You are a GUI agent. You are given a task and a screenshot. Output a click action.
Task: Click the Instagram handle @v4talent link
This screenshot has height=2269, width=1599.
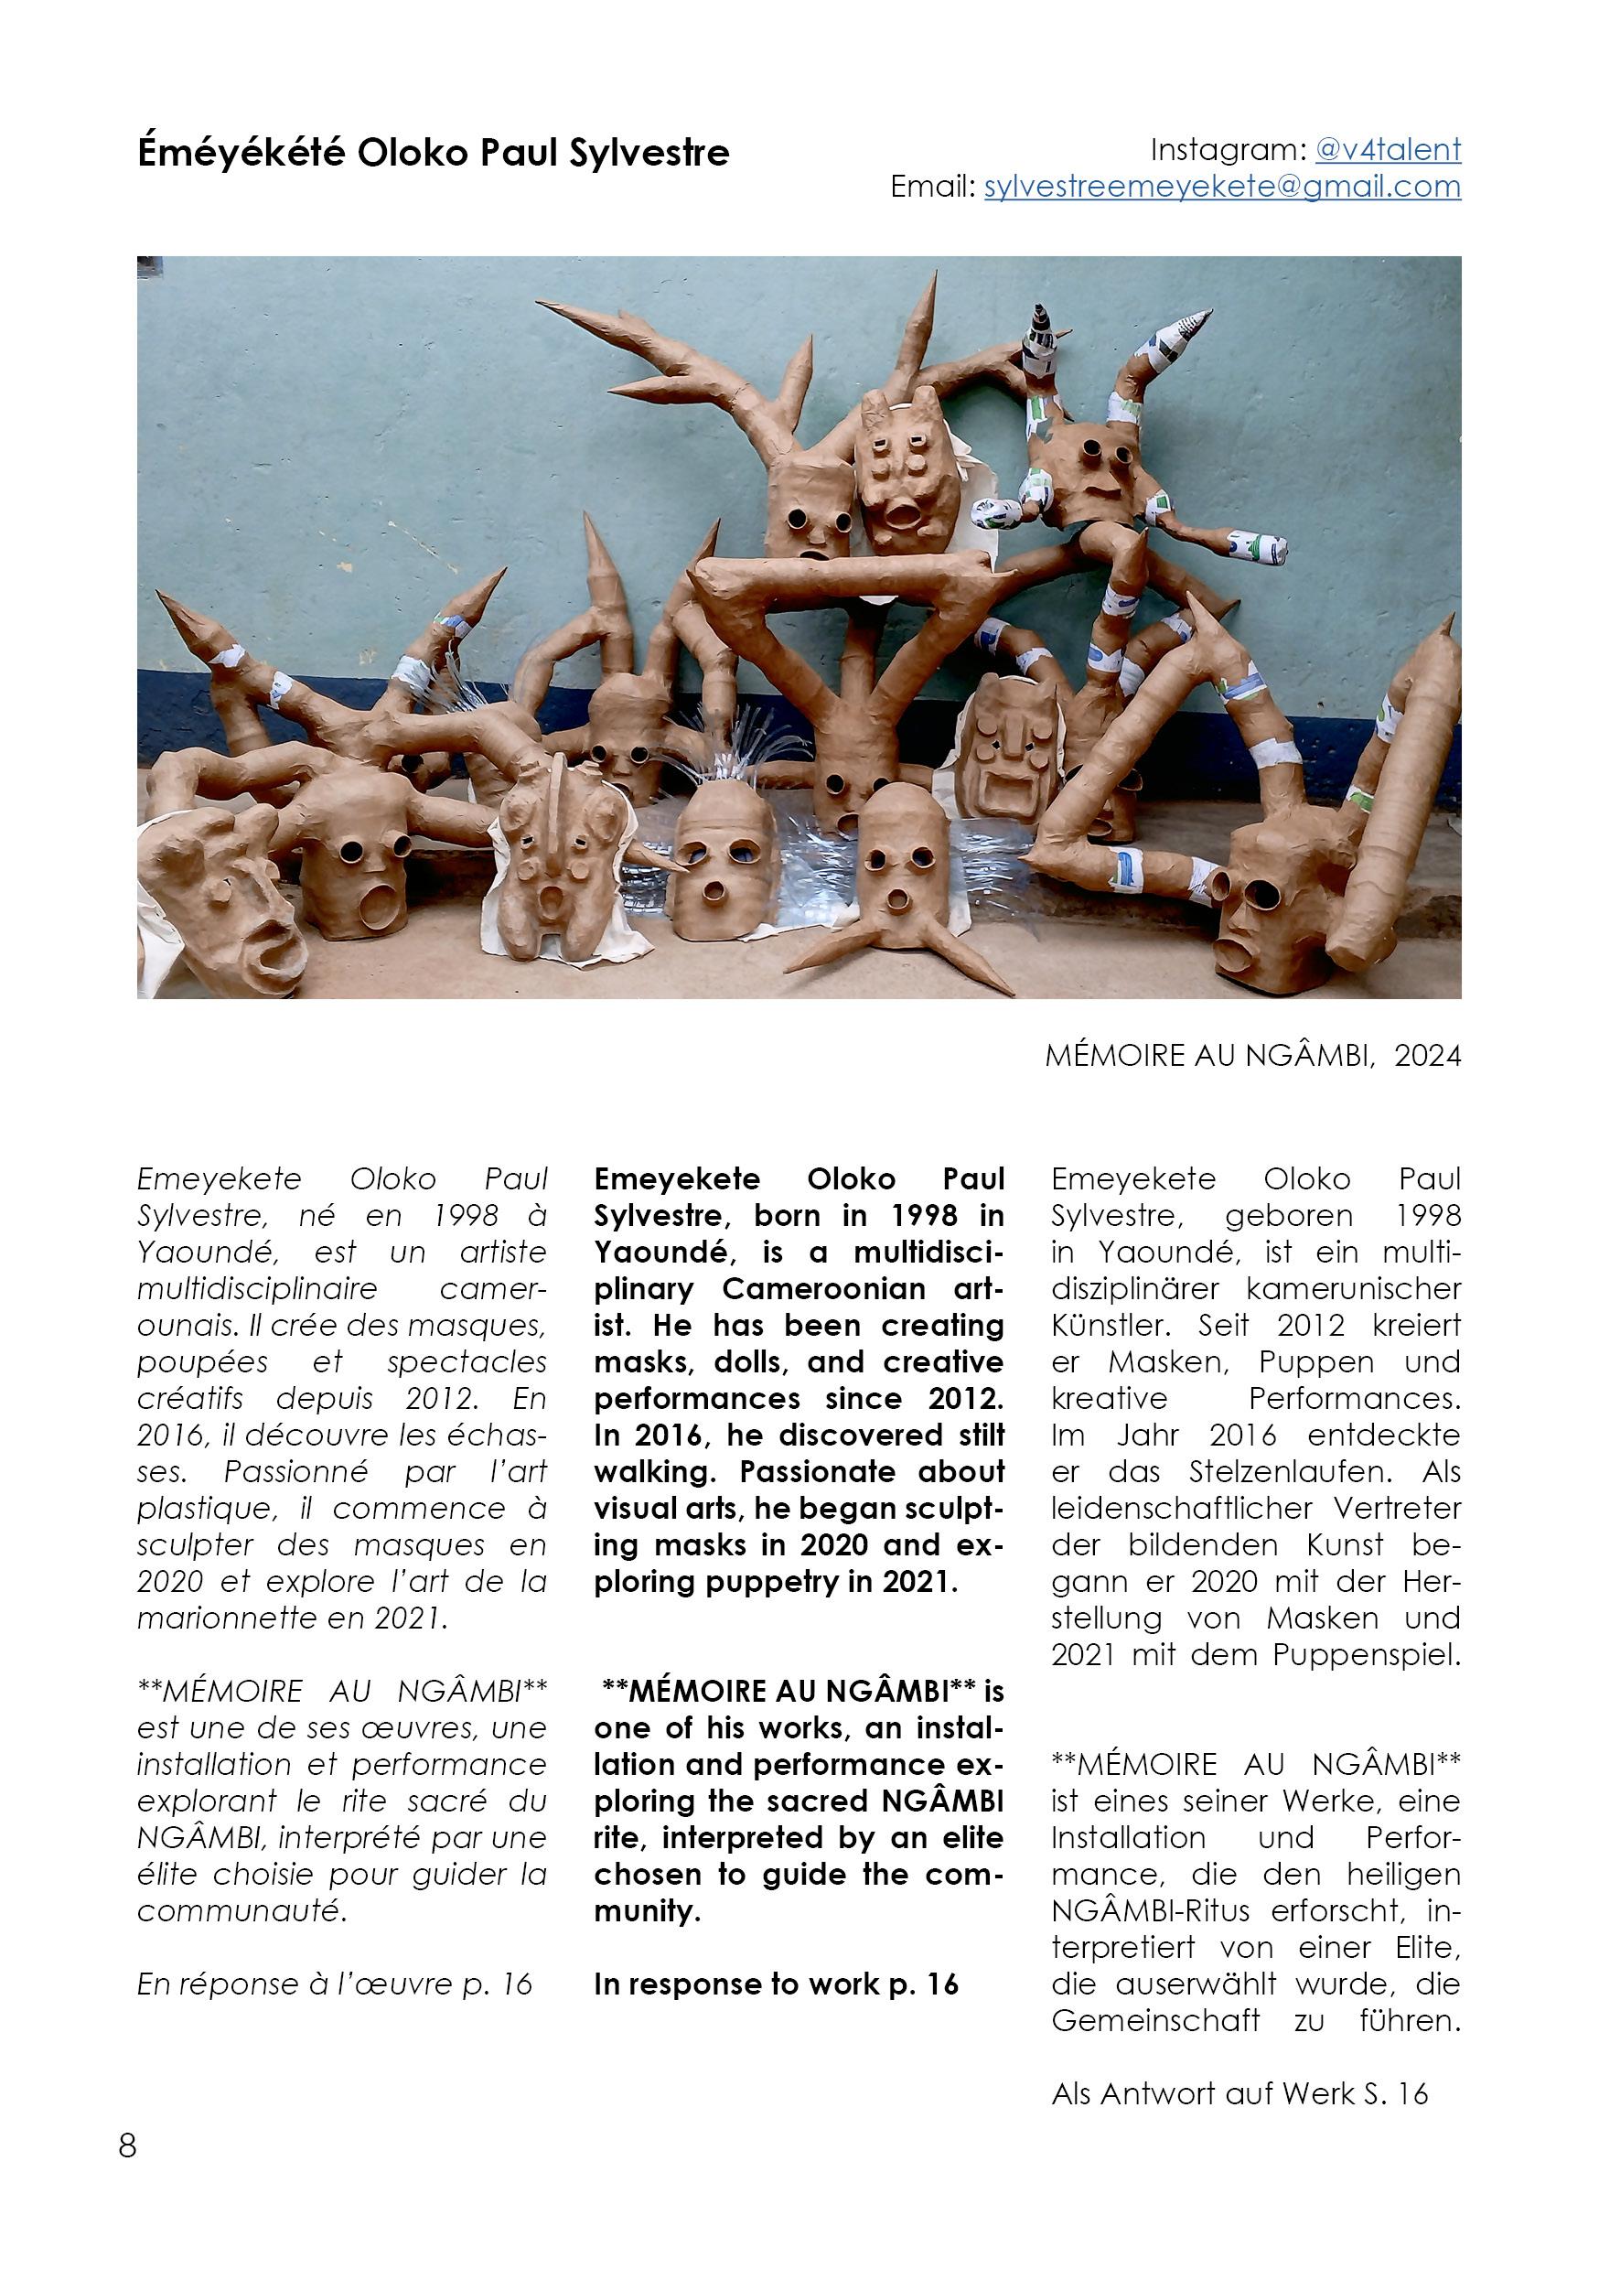coord(1387,150)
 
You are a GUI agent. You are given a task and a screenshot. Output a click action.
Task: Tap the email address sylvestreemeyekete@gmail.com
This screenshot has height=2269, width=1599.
coord(1221,187)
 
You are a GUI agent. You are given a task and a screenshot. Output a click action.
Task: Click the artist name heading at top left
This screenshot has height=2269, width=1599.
coord(433,153)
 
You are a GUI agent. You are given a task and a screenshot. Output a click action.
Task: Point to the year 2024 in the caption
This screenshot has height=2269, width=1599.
coord(1427,1057)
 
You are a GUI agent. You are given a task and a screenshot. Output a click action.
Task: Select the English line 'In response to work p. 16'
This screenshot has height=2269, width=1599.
coord(776,1984)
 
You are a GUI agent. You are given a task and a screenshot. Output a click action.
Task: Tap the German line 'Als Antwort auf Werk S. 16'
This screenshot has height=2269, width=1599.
coord(1239,2093)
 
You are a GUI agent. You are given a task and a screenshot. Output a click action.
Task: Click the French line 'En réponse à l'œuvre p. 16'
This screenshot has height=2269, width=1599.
coord(334,1984)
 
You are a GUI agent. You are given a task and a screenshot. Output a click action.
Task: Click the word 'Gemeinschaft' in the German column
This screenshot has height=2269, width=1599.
coord(1155,2020)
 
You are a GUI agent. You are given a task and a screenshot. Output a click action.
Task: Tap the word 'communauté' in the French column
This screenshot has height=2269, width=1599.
coord(241,1910)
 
